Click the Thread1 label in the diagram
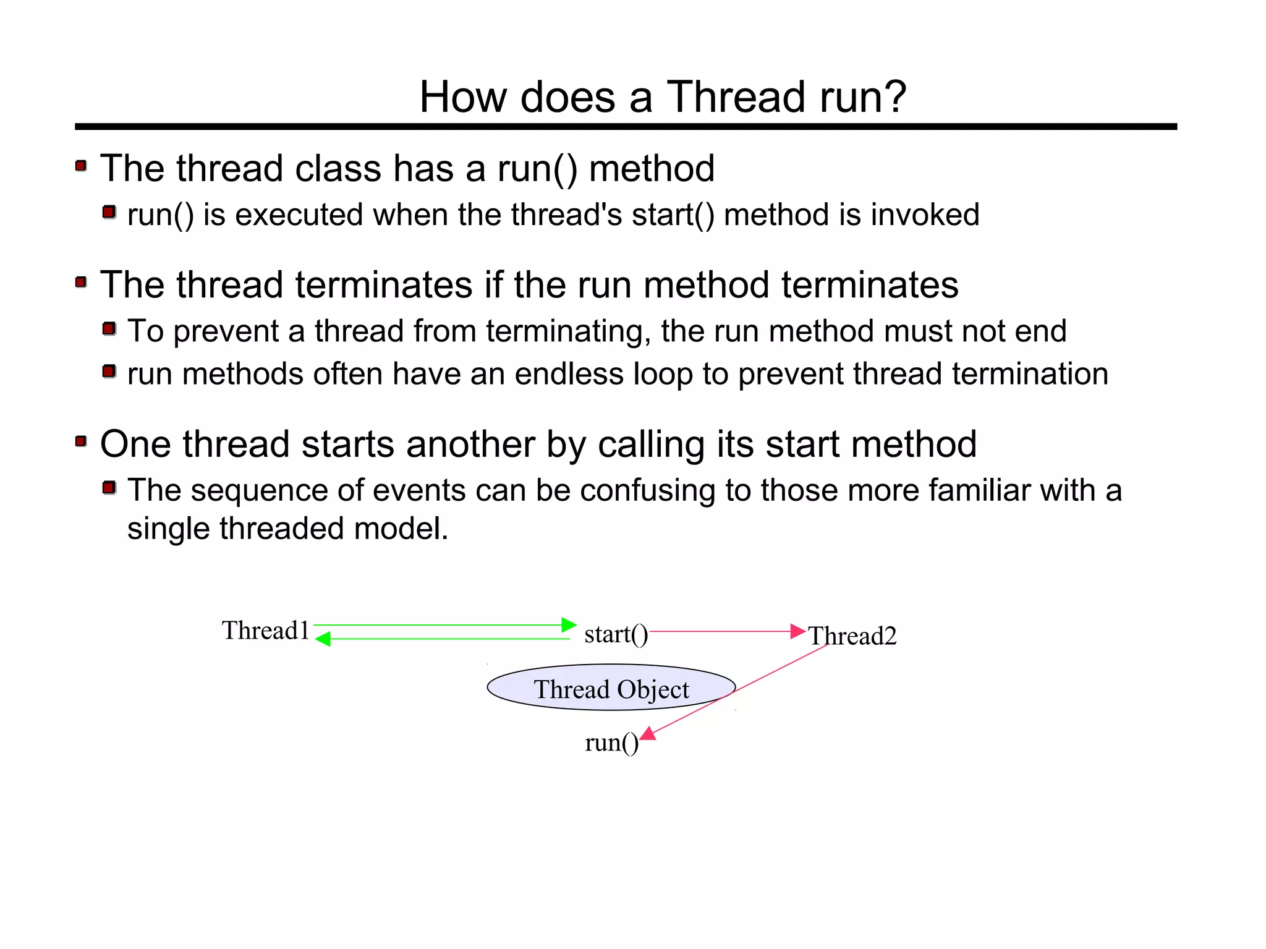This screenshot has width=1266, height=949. pos(265,631)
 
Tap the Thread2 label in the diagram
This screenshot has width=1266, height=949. pos(852,636)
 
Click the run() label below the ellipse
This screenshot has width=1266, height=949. pos(611,743)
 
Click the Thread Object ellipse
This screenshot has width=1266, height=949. pos(611,688)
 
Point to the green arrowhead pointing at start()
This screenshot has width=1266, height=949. pos(569,625)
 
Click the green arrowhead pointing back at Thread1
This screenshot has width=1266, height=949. pos(323,639)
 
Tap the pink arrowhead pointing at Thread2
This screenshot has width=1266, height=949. pos(798,631)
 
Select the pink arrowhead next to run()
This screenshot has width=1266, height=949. pos(648,734)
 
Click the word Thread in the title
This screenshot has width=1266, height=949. pos(735,97)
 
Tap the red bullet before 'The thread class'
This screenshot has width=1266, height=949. pos(81,166)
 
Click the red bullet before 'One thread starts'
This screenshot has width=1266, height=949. pos(81,441)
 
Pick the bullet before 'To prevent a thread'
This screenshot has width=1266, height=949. pos(109,328)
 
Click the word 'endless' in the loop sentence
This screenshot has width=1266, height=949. pos(569,374)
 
